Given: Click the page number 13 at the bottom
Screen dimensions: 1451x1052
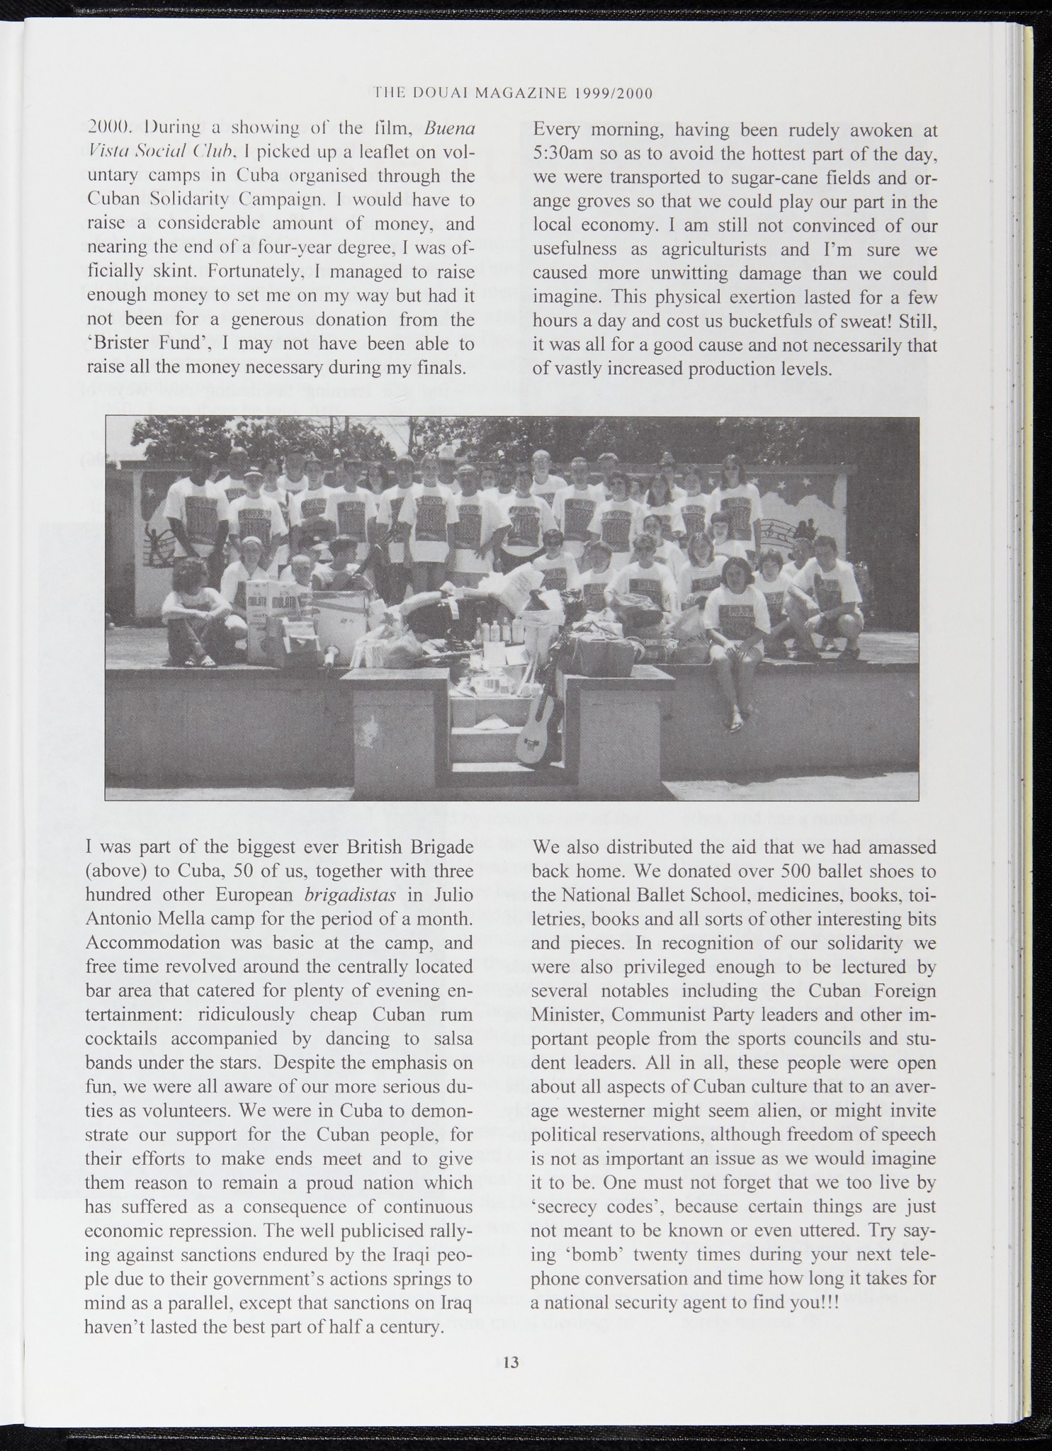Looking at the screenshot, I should click(511, 1362).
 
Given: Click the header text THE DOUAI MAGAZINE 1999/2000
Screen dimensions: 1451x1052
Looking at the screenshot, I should click(512, 93).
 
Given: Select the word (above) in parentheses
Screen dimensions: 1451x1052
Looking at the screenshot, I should click(113, 871).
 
